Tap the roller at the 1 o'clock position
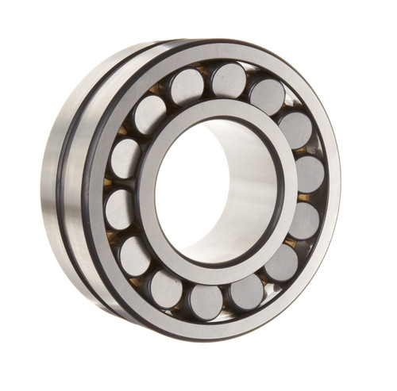click(x=267, y=95)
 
